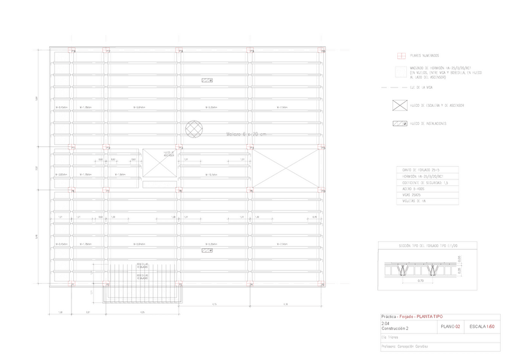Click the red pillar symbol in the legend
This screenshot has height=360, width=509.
(x=399, y=55)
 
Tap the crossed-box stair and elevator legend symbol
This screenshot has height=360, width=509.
(x=399, y=105)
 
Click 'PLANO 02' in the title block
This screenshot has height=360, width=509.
(x=450, y=327)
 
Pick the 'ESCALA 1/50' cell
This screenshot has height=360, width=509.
(x=482, y=327)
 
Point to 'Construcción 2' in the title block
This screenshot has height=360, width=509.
(x=395, y=329)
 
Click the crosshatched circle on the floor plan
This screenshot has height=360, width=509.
(x=194, y=128)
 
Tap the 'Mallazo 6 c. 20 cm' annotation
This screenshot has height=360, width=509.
(x=246, y=134)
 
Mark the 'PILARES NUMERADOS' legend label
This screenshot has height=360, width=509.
(x=424, y=55)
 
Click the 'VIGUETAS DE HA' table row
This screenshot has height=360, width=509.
(x=415, y=202)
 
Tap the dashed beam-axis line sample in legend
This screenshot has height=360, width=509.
(x=399, y=88)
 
